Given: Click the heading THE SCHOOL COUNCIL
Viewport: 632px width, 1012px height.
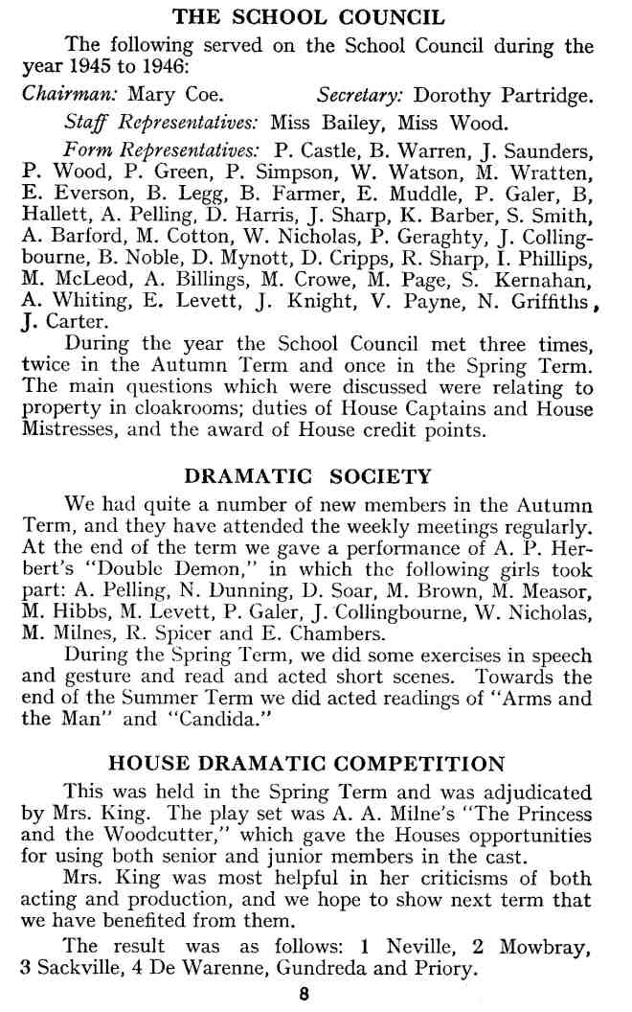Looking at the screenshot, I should tap(307, 16).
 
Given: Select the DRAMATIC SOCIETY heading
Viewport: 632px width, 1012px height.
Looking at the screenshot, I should tap(307, 476).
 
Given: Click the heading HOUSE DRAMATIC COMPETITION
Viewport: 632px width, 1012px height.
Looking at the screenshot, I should tap(307, 764).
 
